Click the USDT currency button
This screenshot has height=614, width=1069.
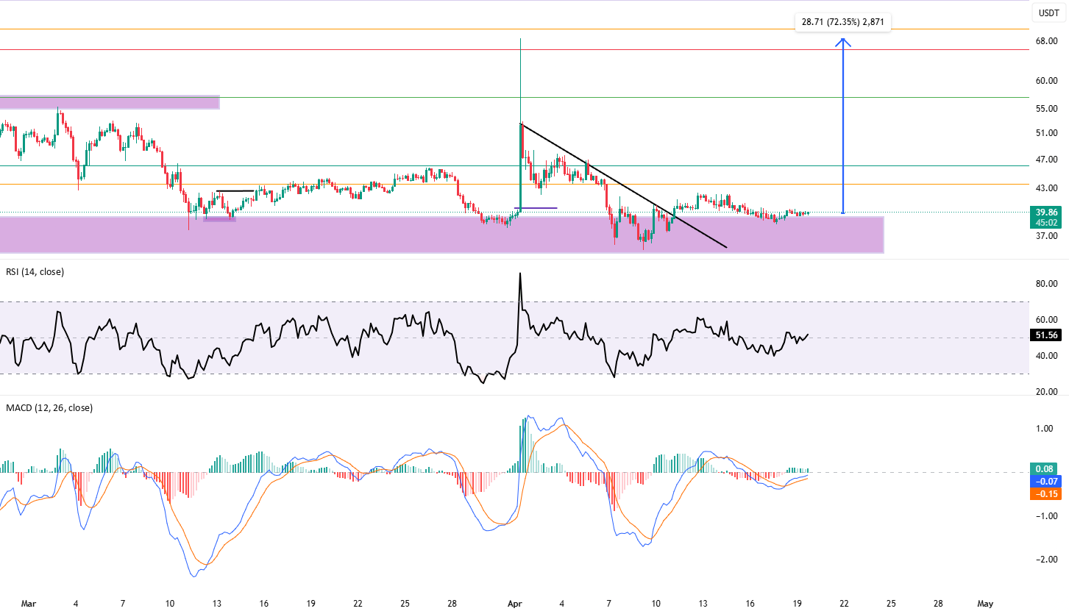[x=1049, y=13]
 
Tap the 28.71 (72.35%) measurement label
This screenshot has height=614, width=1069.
[x=842, y=22]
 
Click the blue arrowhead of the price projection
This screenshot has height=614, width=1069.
[x=843, y=42]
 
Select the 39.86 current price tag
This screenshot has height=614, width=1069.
[x=1046, y=213]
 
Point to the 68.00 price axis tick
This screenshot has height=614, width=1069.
[x=1046, y=41]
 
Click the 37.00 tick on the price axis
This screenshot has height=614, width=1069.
[x=1046, y=236]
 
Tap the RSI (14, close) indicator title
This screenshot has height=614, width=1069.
[x=35, y=272]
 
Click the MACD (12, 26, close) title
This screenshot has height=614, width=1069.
[x=49, y=408]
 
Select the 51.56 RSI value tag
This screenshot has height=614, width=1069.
[x=1046, y=335]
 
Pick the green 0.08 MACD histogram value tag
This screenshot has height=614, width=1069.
[x=1044, y=469]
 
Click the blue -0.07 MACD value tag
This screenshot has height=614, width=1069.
[x=1044, y=482]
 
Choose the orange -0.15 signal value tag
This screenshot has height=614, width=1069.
[x=1044, y=494]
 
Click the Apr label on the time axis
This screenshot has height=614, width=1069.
[x=515, y=604]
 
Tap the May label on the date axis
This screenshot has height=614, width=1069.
[x=985, y=604]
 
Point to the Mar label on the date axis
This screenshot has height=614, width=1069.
[x=29, y=604]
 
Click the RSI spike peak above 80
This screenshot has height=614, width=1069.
[x=520, y=274]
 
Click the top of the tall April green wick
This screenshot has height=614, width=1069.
[x=520, y=39]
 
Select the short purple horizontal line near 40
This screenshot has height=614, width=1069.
[x=536, y=208]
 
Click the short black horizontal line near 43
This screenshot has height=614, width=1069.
[x=235, y=191]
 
